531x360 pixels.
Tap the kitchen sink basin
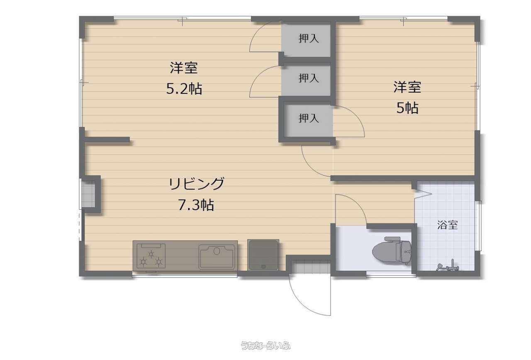tap(217, 257)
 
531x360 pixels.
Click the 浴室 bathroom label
tap(447, 225)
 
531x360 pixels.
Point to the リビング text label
tap(196, 184)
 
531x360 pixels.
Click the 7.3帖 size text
tap(196, 205)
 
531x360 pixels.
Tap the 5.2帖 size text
tap(184, 89)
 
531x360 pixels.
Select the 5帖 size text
tap(407, 108)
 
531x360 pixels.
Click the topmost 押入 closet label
tap(309, 39)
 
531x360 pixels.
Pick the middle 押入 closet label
tap(309, 78)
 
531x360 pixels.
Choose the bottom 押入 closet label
tap(309, 118)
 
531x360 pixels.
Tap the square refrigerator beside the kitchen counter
tap(263, 255)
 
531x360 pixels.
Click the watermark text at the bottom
tap(265, 345)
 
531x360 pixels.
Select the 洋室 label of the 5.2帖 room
tap(184, 68)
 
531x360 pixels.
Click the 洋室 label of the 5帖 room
tap(407, 87)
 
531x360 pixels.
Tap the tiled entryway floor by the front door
tap(311, 267)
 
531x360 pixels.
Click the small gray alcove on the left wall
tap(88, 195)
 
